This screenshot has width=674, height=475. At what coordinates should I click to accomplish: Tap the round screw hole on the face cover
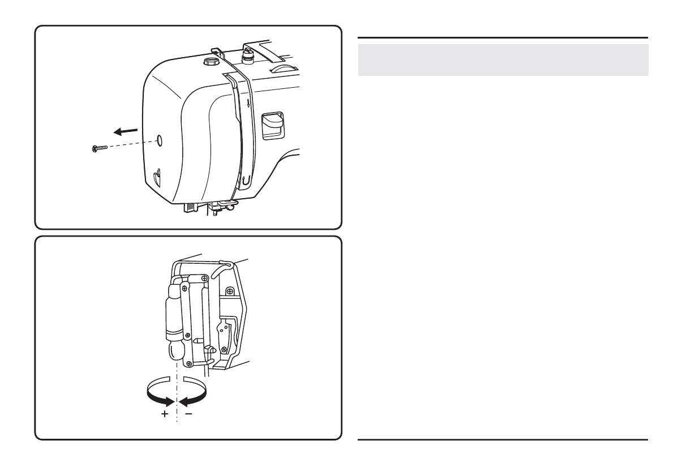[x=158, y=139]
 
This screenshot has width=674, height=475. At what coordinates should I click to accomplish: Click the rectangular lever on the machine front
[x=272, y=124]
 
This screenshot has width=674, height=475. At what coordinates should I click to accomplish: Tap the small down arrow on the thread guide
[x=247, y=102]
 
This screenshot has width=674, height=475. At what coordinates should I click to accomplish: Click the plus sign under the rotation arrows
[x=165, y=414]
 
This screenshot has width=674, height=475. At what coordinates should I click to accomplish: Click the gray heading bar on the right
[x=503, y=60]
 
